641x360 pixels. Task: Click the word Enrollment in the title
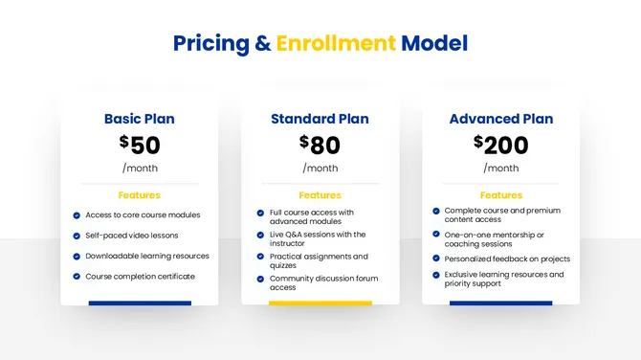click(336, 43)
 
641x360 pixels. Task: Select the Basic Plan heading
click(140, 120)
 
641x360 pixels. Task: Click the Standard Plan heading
click(320, 120)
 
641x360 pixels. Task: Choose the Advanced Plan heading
click(500, 120)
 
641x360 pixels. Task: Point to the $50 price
click(140, 145)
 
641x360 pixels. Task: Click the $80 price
click(320, 145)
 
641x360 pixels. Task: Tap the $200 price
click(500, 145)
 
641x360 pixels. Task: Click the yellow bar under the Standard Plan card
click(320, 304)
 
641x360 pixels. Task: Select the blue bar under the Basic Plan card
click(140, 304)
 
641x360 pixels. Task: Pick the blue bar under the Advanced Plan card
click(500, 304)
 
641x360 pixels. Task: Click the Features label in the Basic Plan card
click(140, 195)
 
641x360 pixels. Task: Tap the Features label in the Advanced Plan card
click(500, 195)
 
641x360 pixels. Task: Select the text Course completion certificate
click(140, 277)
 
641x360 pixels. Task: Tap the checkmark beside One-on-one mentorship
click(436, 235)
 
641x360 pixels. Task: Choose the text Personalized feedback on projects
click(507, 259)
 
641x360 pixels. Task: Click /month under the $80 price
click(320, 169)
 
